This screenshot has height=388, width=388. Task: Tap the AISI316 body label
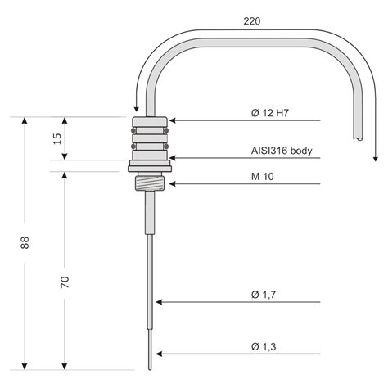tap(281, 151)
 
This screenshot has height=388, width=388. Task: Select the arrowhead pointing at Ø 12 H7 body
tap(174, 120)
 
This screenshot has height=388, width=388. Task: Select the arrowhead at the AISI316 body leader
tap(174, 157)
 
